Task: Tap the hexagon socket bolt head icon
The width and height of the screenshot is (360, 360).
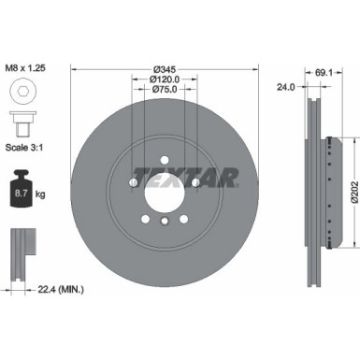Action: click(x=22, y=94)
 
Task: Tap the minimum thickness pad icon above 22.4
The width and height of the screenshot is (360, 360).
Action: click(x=22, y=251)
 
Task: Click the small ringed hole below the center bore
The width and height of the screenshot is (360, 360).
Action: click(x=164, y=221)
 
